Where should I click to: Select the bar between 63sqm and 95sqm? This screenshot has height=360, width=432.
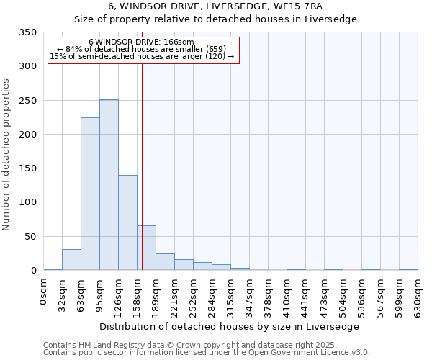tap(90, 194)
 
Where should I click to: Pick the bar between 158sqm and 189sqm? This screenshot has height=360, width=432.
tap(146, 248)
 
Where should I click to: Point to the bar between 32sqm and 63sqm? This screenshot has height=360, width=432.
tap(71, 260)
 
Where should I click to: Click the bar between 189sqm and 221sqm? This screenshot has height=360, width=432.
tap(165, 262)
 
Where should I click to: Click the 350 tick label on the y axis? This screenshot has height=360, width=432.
tap(28, 32)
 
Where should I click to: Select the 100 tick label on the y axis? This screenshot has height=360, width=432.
tap(28, 202)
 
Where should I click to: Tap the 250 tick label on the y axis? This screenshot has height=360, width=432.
tap(28, 101)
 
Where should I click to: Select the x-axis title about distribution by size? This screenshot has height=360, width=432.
tap(229, 326)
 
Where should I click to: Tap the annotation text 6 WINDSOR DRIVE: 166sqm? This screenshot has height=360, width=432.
tap(142, 42)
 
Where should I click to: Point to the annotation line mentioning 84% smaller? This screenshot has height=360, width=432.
tap(142, 49)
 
